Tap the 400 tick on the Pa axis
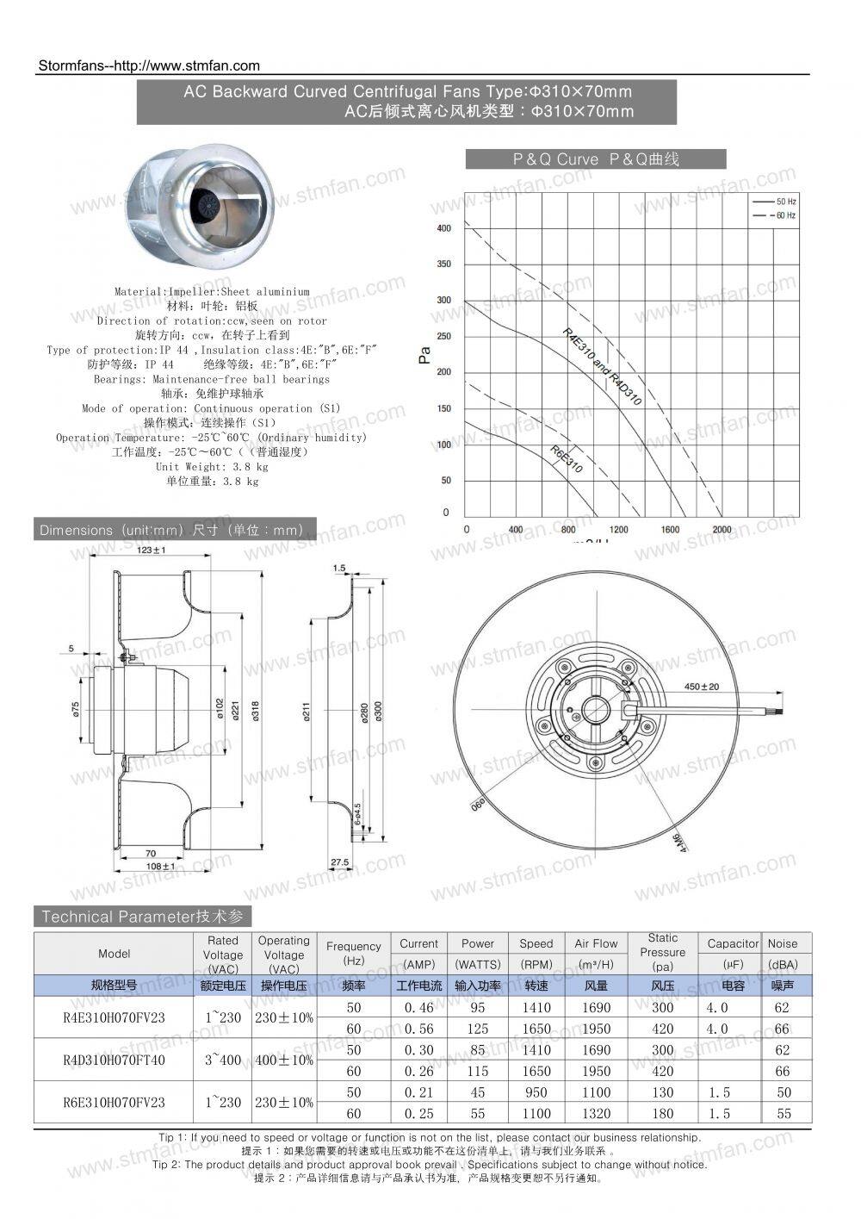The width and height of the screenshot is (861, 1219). coord(444,228)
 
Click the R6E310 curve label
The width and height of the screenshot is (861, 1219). coord(566,460)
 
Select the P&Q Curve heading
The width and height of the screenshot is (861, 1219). coord(596,159)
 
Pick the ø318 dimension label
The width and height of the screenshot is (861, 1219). coord(255,711)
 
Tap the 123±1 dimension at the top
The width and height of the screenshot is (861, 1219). coord(152,550)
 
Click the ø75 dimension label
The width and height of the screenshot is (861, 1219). coord(76,708)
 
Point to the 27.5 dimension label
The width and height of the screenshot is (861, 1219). coord(339,861)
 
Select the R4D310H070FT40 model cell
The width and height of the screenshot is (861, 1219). coord(114,1060)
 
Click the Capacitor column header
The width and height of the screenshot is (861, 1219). coord(733,944)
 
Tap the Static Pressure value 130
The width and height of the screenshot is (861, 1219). coord(662,1092)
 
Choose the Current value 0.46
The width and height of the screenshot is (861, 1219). coord(418,1007)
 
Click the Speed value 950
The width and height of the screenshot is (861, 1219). coord(536,1092)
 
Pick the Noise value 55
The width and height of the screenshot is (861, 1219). coord(783,1113)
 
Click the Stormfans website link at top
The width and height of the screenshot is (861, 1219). coord(150,65)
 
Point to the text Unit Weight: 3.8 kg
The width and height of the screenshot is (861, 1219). coord(212,467)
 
